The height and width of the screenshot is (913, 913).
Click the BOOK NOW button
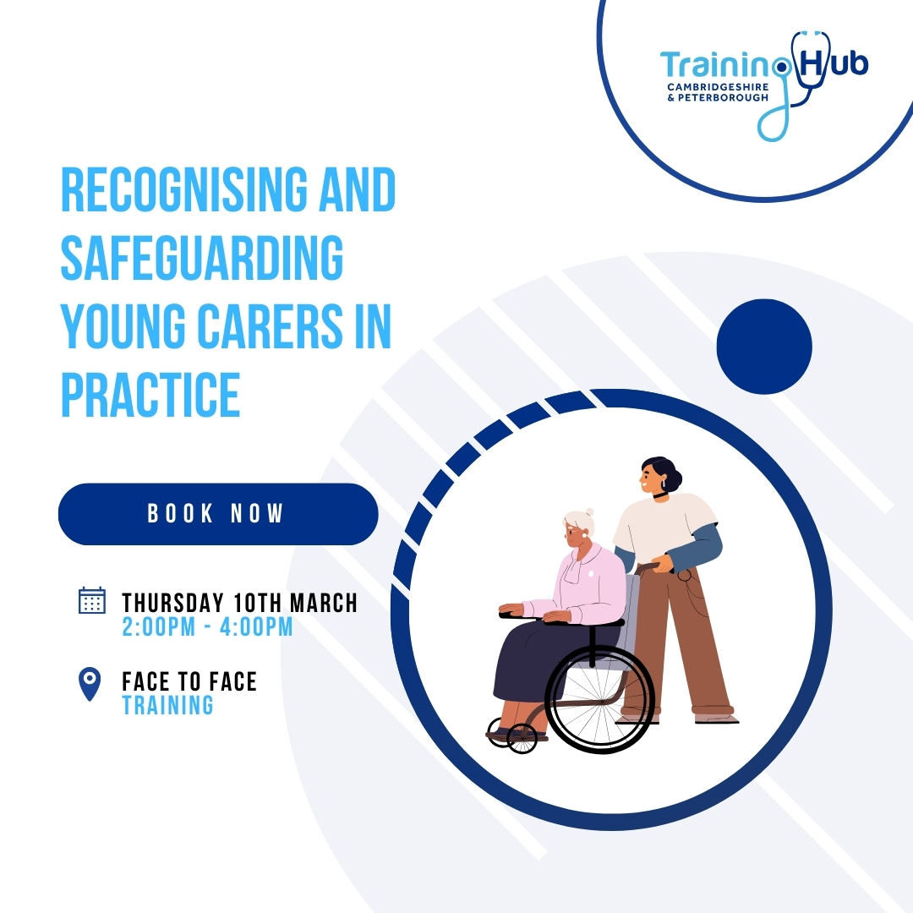217,514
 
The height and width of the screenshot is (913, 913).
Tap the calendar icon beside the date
91,600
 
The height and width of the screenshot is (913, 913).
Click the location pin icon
89,683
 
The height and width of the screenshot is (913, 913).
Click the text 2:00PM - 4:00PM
207,627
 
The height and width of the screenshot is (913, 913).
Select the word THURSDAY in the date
172,603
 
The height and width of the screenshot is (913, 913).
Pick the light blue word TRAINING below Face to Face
167,705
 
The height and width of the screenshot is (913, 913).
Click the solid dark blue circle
764,346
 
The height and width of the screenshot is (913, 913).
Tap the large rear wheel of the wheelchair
600,699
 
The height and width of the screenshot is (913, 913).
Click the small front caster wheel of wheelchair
522,739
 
